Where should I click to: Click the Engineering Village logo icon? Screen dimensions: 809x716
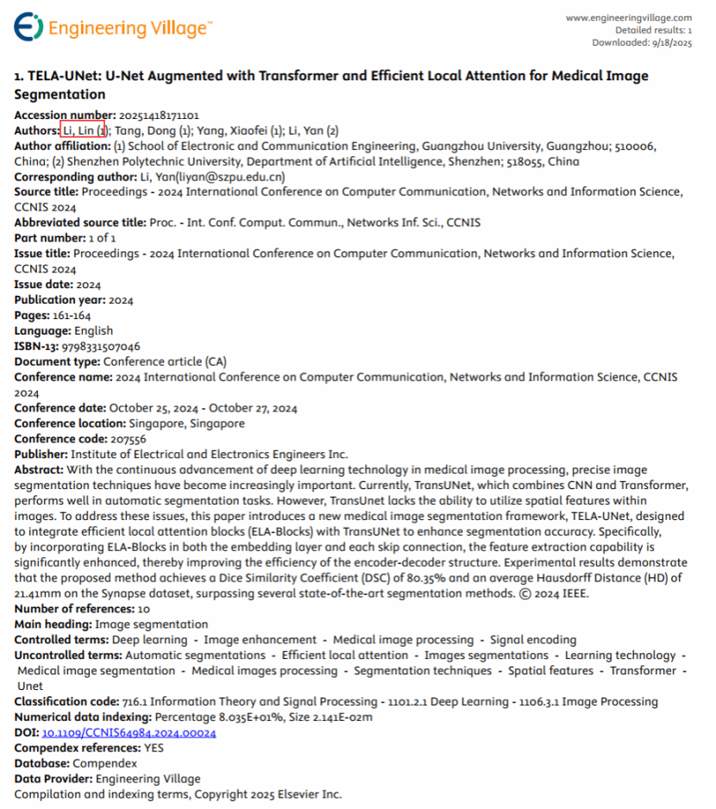[x=28, y=28]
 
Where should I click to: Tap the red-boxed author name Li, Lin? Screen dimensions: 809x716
[x=84, y=130]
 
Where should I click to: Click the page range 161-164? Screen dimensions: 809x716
[x=72, y=315]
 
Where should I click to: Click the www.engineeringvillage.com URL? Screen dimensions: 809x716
[x=629, y=17]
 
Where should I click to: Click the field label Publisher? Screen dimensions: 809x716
[x=41, y=455]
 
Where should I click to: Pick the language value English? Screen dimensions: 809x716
[x=93, y=330]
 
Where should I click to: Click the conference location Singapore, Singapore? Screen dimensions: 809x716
[x=186, y=423]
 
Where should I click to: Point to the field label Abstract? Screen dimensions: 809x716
[x=39, y=470]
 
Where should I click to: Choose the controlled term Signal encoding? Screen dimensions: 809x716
[x=533, y=640]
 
